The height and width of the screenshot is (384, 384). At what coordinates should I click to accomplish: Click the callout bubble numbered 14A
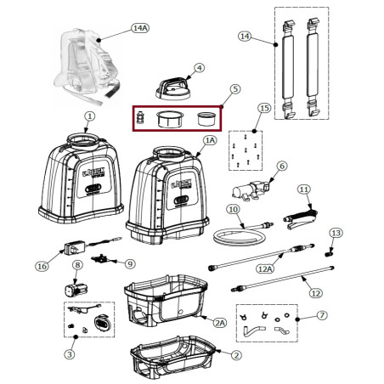click(x=139, y=28)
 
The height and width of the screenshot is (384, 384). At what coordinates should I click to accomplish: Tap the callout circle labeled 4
click(x=199, y=67)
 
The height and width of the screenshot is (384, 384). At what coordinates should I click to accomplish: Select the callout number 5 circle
click(x=235, y=88)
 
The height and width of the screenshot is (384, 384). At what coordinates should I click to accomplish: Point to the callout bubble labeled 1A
click(x=210, y=140)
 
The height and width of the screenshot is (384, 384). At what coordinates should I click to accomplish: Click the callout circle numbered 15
click(x=264, y=108)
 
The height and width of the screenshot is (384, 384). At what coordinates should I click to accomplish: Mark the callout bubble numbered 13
click(x=336, y=232)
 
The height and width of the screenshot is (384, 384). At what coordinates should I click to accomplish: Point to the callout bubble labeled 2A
click(x=219, y=323)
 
